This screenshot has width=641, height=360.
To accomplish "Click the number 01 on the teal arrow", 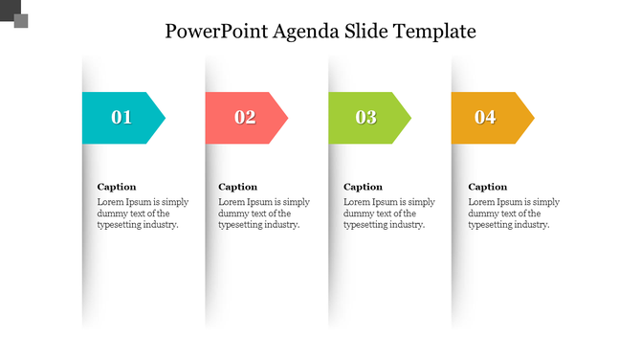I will point(122,118).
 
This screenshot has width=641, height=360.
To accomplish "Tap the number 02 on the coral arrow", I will point(245,118).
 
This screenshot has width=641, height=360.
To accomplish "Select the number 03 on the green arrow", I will point(366,118).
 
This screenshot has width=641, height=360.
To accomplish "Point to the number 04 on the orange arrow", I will point(486,118).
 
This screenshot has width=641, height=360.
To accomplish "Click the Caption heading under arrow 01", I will point(117,187).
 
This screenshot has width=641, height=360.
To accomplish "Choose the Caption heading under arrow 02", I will point(238,187).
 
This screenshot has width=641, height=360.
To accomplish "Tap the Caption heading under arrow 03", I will point(363,187).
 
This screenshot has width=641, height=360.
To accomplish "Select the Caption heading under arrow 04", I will point(487,187).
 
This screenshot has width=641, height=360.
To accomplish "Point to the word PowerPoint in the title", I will point(215,31).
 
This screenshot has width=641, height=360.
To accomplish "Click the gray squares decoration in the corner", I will point(15,13).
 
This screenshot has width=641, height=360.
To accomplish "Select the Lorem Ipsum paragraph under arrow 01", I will point(144,214).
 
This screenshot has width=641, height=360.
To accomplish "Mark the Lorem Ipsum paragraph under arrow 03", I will point(389,214).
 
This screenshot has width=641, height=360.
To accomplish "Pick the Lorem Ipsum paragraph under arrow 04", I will point(514,214).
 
